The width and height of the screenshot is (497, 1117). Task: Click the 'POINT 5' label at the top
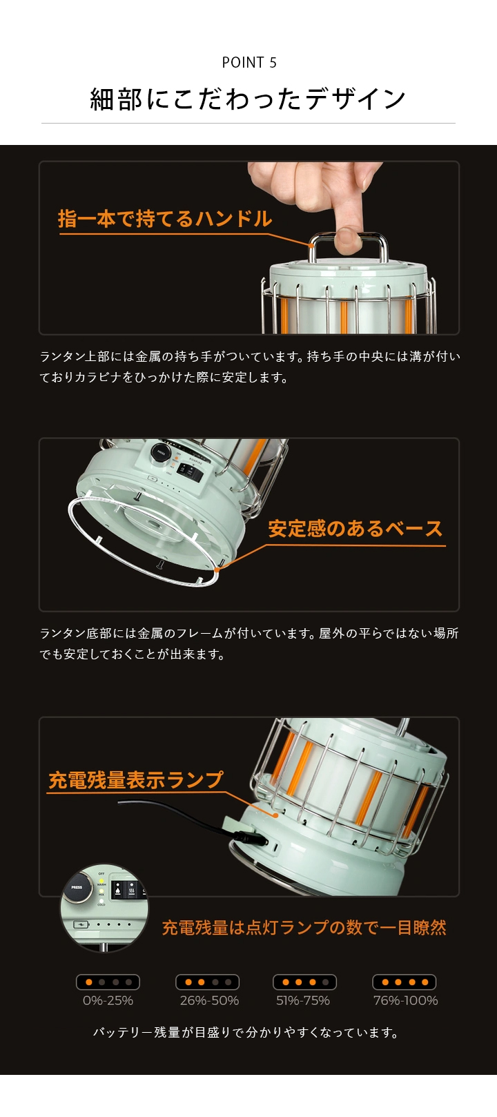click(248, 63)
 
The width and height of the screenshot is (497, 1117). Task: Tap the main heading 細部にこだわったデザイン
click(248, 99)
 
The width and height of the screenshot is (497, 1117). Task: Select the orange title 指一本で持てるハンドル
click(165, 219)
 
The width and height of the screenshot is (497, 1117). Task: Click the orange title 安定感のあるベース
click(355, 529)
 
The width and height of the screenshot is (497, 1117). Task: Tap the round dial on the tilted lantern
click(161, 454)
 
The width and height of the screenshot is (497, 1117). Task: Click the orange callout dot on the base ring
click(217, 570)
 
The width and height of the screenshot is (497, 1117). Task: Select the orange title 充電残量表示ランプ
click(136, 780)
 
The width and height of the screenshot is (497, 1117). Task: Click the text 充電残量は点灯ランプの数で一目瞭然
click(304, 927)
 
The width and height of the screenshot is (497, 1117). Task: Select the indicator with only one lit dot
click(108, 982)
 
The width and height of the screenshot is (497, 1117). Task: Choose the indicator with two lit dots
click(207, 982)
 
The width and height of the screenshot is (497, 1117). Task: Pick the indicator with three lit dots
click(304, 982)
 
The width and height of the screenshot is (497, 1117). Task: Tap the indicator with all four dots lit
click(405, 982)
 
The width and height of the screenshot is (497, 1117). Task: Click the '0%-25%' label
click(108, 1000)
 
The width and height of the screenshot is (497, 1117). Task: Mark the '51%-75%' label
click(303, 1000)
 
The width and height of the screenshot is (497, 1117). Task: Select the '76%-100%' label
click(405, 1000)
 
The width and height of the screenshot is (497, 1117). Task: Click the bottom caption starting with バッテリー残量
click(247, 1033)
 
